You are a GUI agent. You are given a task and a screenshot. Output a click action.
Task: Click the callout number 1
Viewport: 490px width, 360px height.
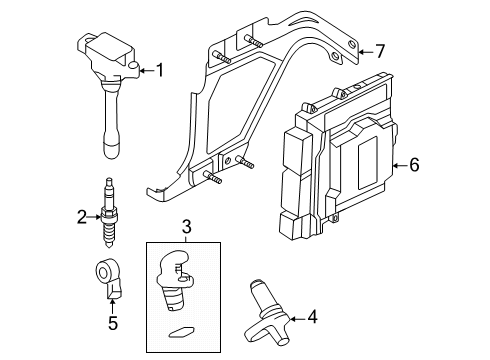click(x=157, y=69)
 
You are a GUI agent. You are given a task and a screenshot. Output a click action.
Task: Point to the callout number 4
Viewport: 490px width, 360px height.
click(x=312, y=318)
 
